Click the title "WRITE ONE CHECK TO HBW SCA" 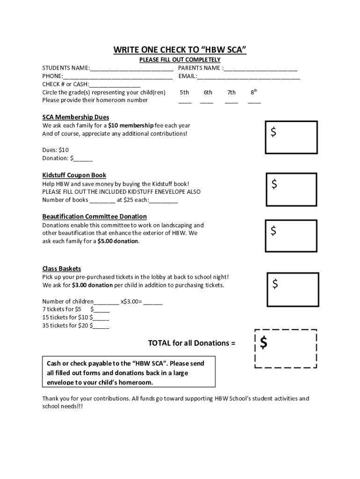point(180,50)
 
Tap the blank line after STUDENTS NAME point(131,69)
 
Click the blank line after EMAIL point(248,77)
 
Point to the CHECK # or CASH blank point(115,85)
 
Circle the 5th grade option point(184,93)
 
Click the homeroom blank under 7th point(231,101)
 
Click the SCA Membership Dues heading point(76,117)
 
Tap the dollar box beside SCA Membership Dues point(292,137)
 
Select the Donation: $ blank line point(83,159)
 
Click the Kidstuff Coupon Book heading point(74,175)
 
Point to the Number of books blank point(102,201)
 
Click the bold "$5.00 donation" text point(118,241)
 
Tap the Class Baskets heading point(62,269)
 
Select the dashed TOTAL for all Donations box point(286,348)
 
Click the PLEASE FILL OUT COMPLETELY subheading point(180,60)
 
